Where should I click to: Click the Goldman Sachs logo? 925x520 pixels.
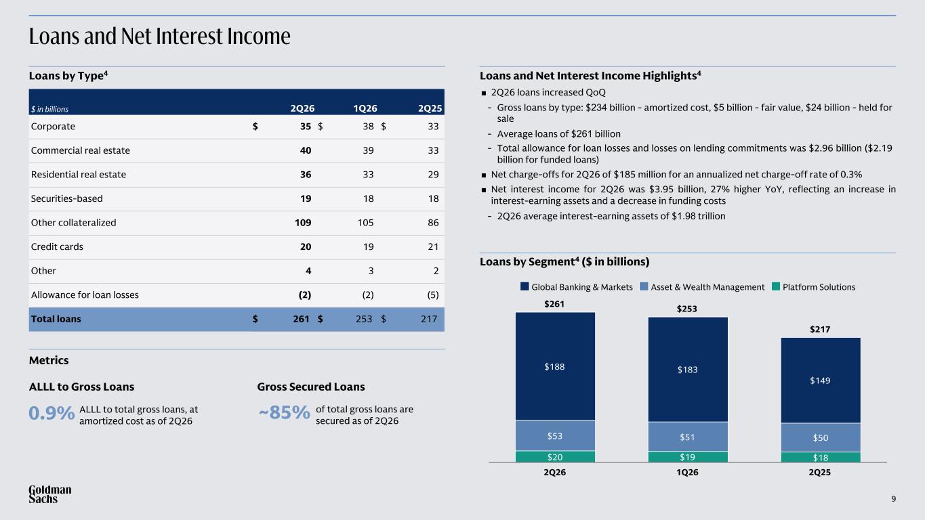coord(50,494)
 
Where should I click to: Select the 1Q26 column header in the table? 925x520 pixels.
coord(365,108)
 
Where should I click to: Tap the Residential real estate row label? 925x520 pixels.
coord(79,175)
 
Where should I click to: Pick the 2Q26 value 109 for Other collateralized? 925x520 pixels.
coord(303,223)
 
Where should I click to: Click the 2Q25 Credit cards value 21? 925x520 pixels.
coord(433,246)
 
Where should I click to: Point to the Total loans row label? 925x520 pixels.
coord(56,319)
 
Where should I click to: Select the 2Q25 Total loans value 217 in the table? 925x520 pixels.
coord(429,319)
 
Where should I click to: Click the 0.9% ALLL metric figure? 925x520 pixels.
coord(52,413)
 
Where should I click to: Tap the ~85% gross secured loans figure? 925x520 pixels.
coord(284,412)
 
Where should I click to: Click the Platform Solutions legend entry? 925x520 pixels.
coord(813,287)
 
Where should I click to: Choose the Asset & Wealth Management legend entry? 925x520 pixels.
coord(702,287)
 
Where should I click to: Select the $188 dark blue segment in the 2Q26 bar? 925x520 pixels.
coord(555,366)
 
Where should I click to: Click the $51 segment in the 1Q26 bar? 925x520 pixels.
coord(688,437)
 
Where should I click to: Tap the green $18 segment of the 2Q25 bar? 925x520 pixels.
coord(821,457)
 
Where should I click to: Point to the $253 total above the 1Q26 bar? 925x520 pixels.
coord(686,309)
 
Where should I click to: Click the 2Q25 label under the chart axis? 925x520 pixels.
coord(820,472)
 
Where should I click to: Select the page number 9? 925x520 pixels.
coord(894,499)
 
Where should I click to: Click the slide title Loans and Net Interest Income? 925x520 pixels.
coord(160,36)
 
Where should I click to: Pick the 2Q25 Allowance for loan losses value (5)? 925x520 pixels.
coord(433,295)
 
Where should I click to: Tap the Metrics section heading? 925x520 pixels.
coord(49,360)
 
